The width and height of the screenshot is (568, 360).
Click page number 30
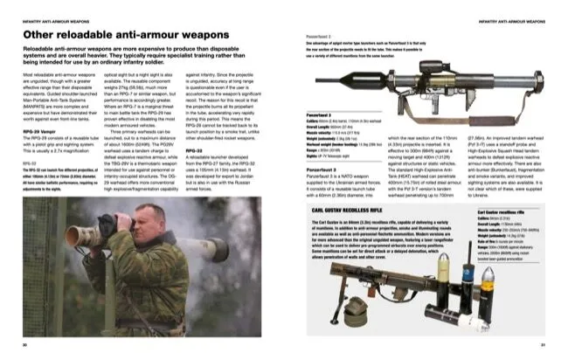click(26, 345)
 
